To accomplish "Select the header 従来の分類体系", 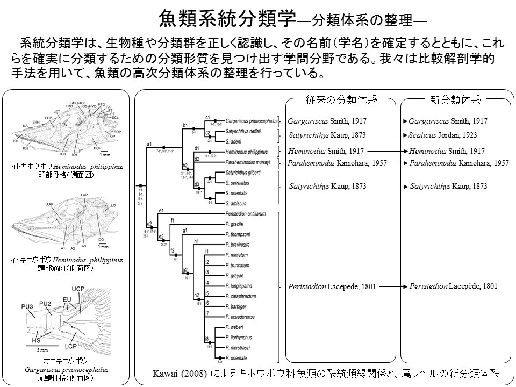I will click(x=342, y=100).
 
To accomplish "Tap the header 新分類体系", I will click(x=455, y=100).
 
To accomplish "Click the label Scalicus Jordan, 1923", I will click(x=443, y=135).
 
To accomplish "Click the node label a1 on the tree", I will click(x=150, y=144).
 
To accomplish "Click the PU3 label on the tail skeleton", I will click(x=28, y=306).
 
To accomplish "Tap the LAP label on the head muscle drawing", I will click(x=84, y=195).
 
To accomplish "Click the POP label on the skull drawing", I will click(x=97, y=148).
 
